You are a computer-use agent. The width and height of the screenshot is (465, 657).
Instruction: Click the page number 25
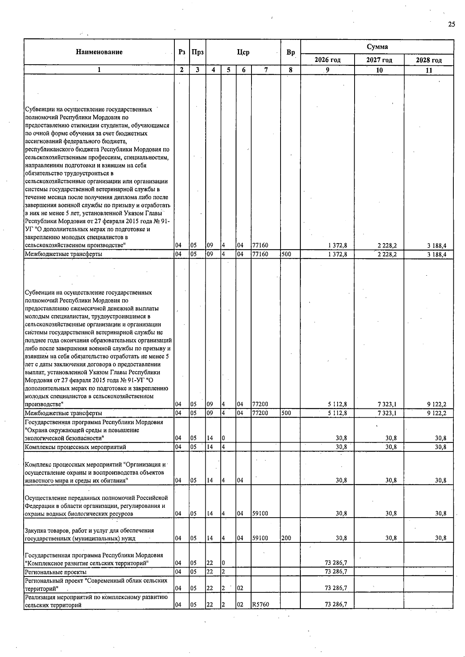[451, 24]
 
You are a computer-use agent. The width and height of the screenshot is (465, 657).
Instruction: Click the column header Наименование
[99, 52]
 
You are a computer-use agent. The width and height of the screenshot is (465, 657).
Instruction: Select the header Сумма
[377, 47]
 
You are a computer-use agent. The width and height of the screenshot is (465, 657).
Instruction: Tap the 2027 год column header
[379, 60]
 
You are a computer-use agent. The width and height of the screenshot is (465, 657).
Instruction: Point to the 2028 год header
[429, 60]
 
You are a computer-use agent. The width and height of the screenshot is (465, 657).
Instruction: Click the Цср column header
[243, 52]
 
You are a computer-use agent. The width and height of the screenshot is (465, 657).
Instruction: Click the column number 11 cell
[429, 70]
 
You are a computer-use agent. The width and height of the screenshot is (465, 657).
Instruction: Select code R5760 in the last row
[260, 604]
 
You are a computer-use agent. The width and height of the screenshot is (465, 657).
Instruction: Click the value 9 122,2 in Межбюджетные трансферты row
[437, 413]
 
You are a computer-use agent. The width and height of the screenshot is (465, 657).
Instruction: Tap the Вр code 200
[286, 538]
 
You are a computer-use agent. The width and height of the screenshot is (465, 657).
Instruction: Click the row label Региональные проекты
[55, 572]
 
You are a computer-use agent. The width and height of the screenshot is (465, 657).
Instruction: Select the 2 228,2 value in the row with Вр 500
[387, 254]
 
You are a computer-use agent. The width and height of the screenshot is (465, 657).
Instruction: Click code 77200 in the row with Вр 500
[260, 413]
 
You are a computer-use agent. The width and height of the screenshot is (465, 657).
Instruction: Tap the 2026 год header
[327, 60]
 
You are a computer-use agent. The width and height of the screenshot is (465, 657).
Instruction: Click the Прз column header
[197, 52]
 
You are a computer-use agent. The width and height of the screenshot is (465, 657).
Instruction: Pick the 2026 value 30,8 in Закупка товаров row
[341, 538]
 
